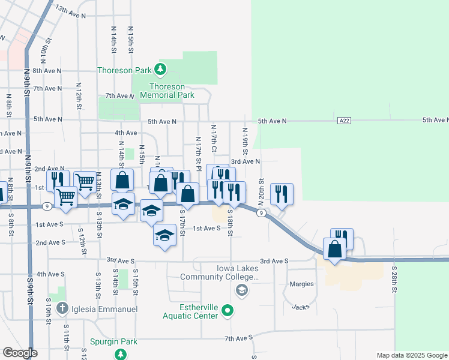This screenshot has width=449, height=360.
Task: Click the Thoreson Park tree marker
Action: tap(160, 70)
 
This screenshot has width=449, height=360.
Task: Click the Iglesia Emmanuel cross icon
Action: tap(62, 309)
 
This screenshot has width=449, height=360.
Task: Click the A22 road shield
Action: tap(343, 121)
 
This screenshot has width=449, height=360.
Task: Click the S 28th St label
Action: tap(394, 280)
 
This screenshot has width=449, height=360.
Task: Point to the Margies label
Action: tap(301, 284)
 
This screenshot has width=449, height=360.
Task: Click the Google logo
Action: tap(20, 353)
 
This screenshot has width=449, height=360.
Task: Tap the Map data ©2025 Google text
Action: tap(411, 355)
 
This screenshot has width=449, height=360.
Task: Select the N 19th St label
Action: tap(245, 142)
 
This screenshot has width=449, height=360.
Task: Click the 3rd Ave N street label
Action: tap(246, 161)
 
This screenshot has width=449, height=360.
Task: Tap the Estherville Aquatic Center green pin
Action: tap(227, 311)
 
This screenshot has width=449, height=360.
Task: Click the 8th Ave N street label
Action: tap(48, 70)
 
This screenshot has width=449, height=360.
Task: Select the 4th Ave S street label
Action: tap(50, 274)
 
